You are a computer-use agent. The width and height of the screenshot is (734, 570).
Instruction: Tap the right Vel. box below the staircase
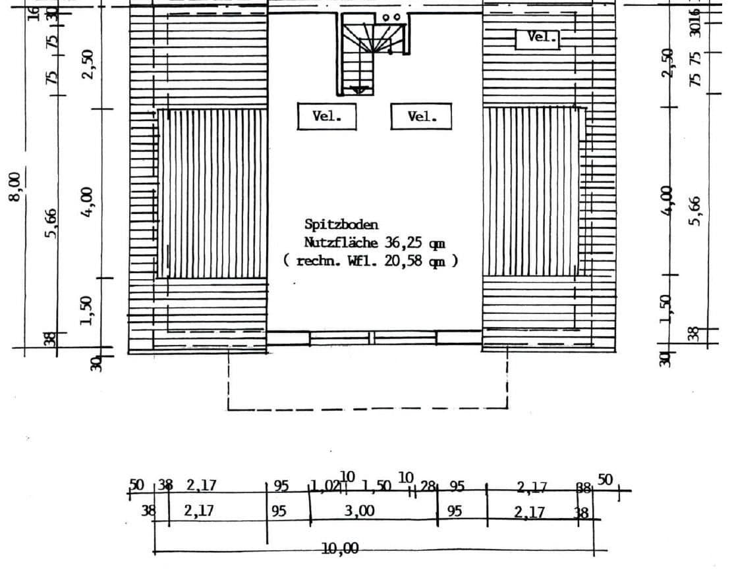(422, 117)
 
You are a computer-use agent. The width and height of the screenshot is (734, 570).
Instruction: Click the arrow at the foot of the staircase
(358, 90)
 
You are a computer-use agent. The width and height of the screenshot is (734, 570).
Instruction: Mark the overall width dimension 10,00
(340, 548)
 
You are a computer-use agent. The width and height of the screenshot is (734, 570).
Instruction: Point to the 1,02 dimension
(325, 488)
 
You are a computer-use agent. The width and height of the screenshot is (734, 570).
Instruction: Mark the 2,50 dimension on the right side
(669, 63)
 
